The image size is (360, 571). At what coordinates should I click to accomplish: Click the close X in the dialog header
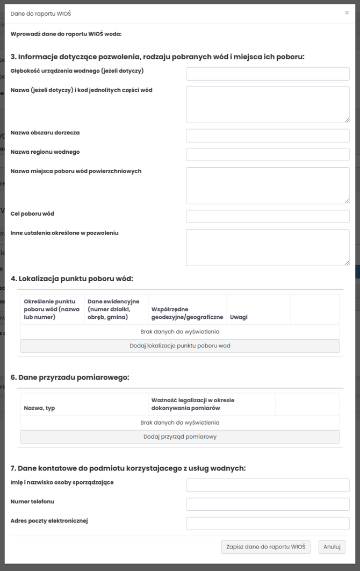(347, 12)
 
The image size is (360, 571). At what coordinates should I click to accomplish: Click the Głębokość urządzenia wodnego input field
(268, 74)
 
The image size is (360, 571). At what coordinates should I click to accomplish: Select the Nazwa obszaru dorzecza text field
(268, 135)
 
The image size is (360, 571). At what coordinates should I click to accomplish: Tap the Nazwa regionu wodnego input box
(268, 155)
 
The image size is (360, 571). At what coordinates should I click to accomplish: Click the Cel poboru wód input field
(268, 216)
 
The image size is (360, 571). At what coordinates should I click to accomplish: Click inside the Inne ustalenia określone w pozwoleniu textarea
(268, 247)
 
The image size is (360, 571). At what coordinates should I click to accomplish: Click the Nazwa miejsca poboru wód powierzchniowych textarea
(268, 185)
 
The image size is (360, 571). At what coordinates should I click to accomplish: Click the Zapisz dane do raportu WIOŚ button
(265, 547)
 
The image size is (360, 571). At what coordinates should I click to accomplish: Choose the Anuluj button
(332, 547)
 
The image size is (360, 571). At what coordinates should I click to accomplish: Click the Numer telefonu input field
(268, 504)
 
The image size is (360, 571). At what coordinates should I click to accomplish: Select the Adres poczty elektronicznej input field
(268, 524)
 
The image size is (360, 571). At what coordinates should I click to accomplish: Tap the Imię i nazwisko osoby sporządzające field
(268, 485)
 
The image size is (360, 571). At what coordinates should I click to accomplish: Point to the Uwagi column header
(239, 317)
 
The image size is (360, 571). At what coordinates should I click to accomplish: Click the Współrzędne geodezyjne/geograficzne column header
(187, 313)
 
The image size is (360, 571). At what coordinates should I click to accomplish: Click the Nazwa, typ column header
(39, 408)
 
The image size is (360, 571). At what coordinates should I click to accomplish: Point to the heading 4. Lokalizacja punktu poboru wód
(71, 279)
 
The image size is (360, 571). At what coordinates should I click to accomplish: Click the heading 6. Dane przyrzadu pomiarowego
(70, 377)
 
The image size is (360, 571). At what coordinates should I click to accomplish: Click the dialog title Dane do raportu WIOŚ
(41, 13)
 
